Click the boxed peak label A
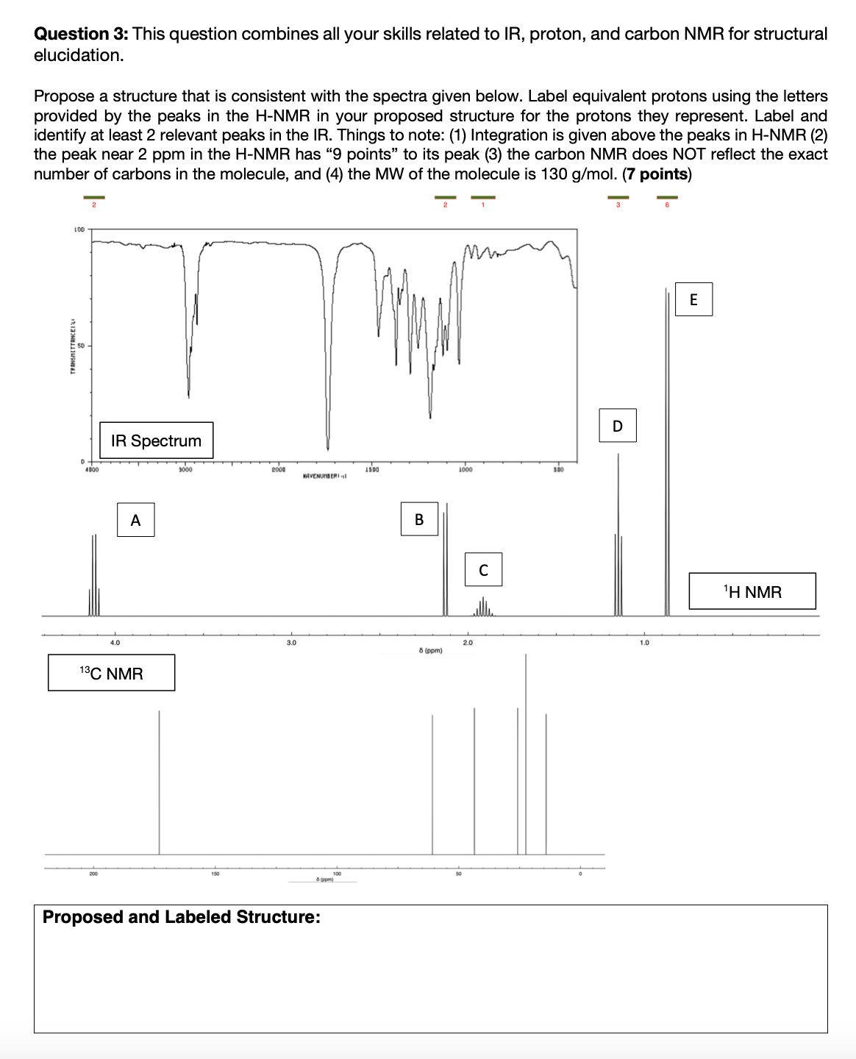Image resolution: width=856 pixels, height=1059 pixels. [135, 520]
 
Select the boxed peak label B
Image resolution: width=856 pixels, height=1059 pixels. [419, 519]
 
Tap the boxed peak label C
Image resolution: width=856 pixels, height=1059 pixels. [483, 569]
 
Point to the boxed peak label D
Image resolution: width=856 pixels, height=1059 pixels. [617, 426]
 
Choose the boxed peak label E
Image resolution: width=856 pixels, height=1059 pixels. [693, 299]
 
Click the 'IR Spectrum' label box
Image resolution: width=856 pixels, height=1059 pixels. [156, 441]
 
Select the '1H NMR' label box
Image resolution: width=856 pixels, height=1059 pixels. [752, 591]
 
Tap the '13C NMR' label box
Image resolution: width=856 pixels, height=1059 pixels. [111, 673]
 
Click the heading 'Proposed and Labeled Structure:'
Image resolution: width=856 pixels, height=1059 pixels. [182, 917]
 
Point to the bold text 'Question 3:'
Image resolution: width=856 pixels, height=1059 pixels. [82, 34]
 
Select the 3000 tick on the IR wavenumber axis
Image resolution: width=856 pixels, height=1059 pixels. [185, 468]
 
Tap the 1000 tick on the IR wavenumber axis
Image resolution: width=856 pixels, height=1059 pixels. [465, 468]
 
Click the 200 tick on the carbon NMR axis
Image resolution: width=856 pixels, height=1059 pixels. [93, 874]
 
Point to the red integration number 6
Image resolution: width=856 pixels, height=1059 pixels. [667, 205]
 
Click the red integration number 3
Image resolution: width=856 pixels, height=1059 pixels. [618, 205]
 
